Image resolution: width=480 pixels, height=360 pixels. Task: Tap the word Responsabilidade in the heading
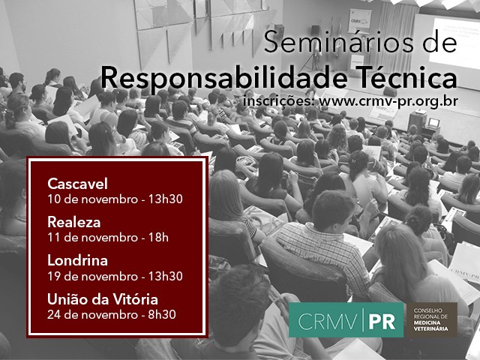coord(224,78)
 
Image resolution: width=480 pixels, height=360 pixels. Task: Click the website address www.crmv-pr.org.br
coord(388,101)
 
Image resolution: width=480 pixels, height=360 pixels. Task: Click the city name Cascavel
coord(77,184)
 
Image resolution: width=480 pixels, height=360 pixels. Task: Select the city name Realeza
coord(73,222)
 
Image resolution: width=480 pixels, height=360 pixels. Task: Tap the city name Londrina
coord(77,260)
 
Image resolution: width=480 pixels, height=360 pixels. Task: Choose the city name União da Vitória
coord(103,299)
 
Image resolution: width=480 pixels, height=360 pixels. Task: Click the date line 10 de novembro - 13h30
coord(115,199)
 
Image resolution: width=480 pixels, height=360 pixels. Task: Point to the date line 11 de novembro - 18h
coord(108,238)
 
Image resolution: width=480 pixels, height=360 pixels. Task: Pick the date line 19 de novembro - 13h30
coord(115,276)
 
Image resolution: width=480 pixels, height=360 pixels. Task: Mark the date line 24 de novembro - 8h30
coord(112,315)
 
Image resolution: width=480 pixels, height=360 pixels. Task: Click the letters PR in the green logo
coord(382,322)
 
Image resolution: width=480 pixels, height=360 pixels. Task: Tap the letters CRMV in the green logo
coord(327,322)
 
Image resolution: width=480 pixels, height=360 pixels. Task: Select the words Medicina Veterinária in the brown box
coord(430,325)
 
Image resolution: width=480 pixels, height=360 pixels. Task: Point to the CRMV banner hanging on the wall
coord(360,20)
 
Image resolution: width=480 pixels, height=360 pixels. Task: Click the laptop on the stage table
coord(433,123)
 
